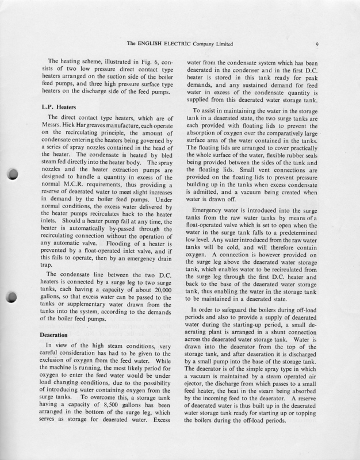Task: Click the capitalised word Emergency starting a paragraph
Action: pos(211,211)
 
